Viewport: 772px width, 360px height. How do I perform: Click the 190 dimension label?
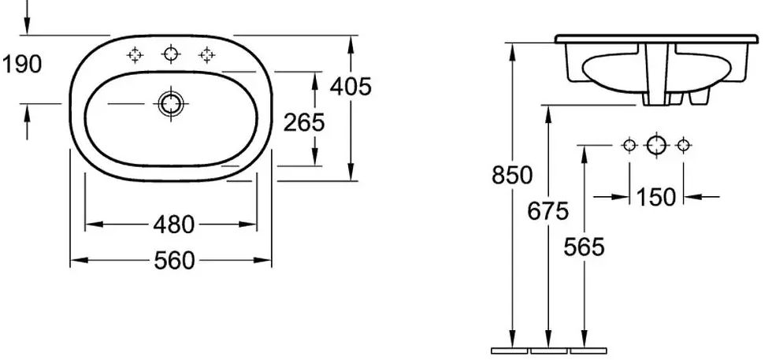pos(22,65)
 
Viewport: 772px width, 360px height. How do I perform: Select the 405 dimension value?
pos(351,87)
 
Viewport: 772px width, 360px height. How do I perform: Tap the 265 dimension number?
pos(304,123)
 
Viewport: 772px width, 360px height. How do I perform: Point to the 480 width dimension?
pos(174,225)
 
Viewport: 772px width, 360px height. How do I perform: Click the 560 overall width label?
pos(174,261)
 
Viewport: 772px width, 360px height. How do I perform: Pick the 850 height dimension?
pos(512,175)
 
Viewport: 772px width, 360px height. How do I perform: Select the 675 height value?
pos(548,212)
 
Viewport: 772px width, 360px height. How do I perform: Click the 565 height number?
pos(584,247)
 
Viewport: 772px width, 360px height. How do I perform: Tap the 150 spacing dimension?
pos(656,198)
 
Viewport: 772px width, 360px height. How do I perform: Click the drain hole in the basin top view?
pos(170,104)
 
